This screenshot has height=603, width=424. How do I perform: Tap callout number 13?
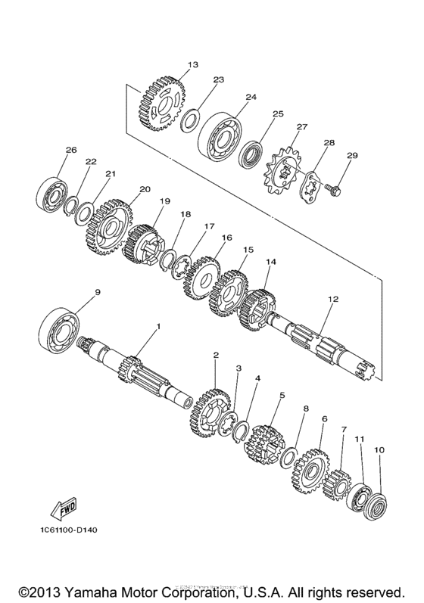[x=193, y=65]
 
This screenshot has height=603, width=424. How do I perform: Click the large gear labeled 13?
[x=162, y=105]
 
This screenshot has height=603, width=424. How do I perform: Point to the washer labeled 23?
[x=191, y=120]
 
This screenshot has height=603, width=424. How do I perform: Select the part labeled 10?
[x=377, y=499]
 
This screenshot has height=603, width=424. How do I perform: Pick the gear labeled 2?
[x=212, y=408]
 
